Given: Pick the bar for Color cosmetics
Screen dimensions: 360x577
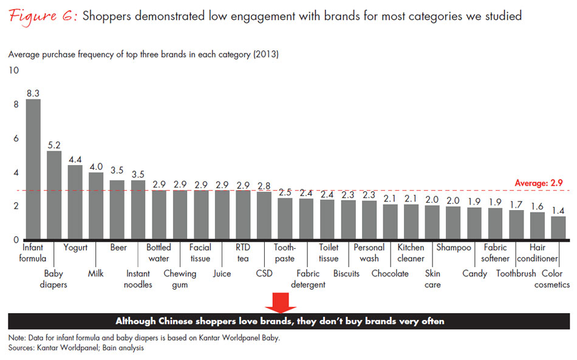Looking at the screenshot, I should (x=558, y=228).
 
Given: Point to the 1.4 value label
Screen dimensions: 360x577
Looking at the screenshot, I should (x=558, y=209).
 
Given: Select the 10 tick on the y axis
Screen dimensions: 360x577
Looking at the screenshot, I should (x=13, y=71).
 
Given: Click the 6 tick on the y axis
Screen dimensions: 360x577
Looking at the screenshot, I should (x=16, y=138).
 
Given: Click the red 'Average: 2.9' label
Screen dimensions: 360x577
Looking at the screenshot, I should (x=539, y=183).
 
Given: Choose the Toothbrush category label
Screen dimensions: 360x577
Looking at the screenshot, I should (x=516, y=273).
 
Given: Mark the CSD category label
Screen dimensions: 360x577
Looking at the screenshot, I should (x=264, y=273).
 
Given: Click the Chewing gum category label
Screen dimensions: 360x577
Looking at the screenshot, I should (x=180, y=279).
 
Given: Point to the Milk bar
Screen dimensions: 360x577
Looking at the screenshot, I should (x=96, y=206).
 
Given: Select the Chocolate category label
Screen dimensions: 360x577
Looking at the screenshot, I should (x=390, y=273).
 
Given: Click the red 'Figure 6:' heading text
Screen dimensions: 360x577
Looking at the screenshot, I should (x=42, y=16).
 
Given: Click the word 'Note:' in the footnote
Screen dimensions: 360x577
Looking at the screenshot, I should (x=19, y=338).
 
